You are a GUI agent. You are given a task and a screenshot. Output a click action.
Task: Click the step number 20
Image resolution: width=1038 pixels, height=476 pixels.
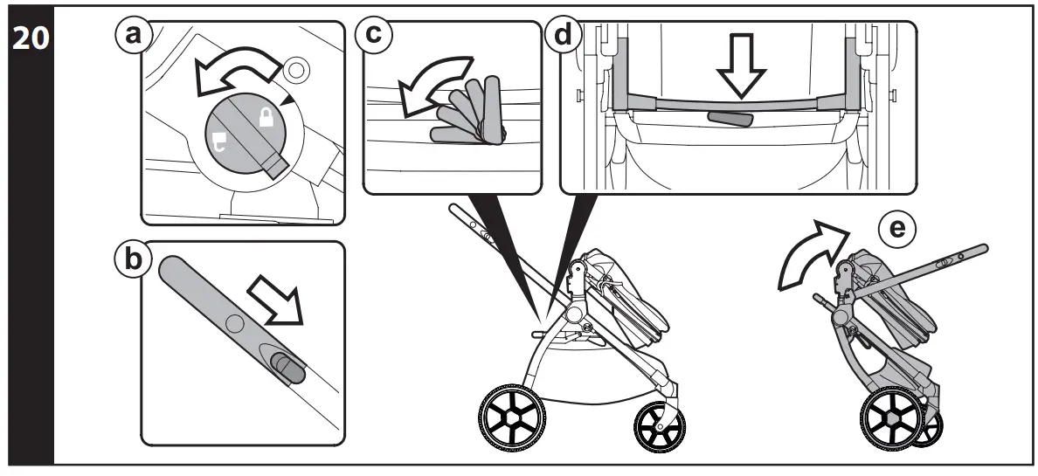click(26, 41)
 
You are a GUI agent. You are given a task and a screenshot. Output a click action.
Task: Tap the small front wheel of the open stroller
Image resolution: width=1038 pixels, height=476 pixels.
click(659, 424)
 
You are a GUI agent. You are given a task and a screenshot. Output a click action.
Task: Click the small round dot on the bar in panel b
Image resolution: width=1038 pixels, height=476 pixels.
click(232, 324)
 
